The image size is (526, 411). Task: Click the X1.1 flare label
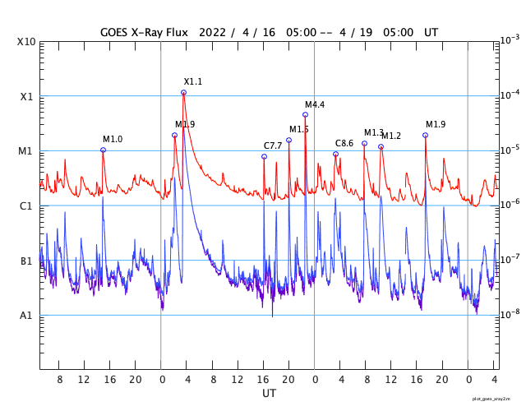[192, 81]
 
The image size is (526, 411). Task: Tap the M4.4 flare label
[315, 104]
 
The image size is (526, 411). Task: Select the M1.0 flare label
[113, 139]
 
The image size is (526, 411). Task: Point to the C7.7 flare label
[273, 145]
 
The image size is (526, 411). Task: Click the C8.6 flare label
[344, 143]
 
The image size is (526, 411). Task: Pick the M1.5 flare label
[299, 129]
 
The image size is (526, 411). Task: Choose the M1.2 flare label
[391, 136]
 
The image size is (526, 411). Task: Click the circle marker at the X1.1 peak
[183, 92]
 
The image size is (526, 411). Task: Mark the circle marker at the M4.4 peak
[305, 114]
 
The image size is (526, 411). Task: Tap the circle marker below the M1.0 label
[103, 150]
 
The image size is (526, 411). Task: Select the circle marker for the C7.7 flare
[264, 156]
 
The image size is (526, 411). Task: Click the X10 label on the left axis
[26, 42]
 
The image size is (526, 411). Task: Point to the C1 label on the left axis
[26, 206]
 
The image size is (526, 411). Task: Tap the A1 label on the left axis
[26, 316]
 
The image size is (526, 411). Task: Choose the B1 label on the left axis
[26, 261]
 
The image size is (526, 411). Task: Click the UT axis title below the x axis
[270, 394]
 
